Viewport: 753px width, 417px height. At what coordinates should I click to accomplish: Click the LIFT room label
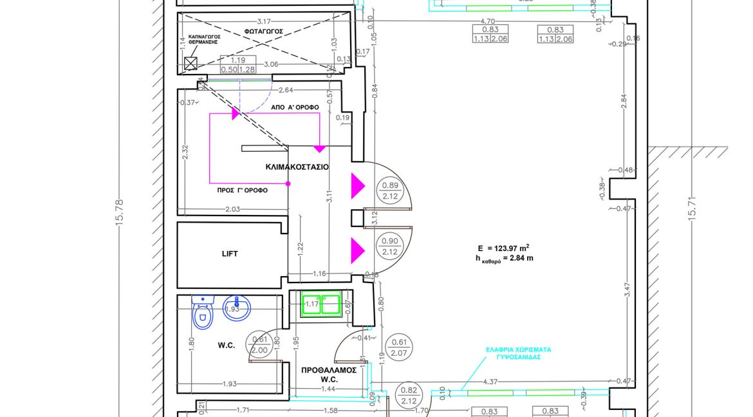click(x=230, y=254)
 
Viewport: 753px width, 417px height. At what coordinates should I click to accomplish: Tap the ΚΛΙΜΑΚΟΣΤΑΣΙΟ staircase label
click(x=297, y=167)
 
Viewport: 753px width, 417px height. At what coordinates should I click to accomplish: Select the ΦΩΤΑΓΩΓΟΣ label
click(x=263, y=32)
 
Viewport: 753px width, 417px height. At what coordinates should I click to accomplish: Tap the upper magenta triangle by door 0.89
click(x=357, y=187)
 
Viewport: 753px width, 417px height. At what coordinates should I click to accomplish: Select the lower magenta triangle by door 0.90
click(x=357, y=250)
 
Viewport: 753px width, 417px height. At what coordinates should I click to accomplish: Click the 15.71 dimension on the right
click(x=693, y=209)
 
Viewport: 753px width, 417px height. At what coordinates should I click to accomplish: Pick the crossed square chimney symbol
click(x=191, y=63)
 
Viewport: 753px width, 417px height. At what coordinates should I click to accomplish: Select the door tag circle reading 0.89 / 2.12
click(x=389, y=192)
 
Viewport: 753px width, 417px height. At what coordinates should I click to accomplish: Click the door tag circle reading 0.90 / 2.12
click(x=389, y=245)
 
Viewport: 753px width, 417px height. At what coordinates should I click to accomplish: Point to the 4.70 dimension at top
click(x=488, y=21)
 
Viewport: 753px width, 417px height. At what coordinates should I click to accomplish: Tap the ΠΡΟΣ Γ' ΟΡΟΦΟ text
click(x=242, y=190)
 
